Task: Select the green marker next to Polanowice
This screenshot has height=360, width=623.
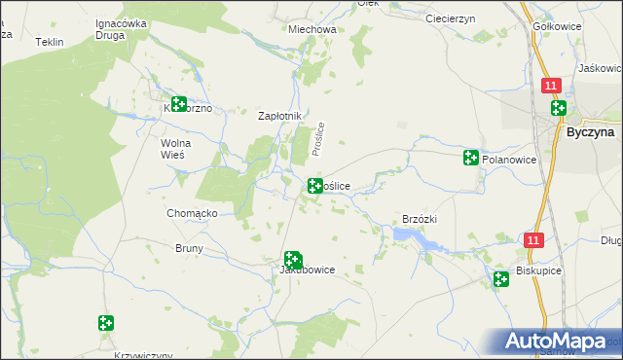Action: click(471, 158)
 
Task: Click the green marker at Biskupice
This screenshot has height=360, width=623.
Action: click(500, 279)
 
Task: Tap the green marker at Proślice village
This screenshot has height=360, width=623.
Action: click(315, 186)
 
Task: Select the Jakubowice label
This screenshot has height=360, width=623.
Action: click(308, 270)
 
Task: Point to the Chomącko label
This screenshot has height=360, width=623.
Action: click(192, 213)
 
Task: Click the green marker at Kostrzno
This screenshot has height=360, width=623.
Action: click(178, 104)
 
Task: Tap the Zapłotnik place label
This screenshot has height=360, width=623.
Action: click(280, 116)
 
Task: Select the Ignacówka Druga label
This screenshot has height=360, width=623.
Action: click(121, 29)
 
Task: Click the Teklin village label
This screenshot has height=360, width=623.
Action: click(49, 43)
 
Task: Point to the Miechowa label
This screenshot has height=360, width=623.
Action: click(312, 29)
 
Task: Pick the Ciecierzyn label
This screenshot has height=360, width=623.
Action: click(449, 18)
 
